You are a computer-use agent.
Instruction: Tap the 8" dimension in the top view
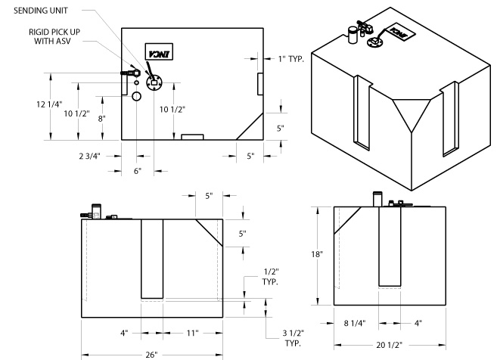point(101,118)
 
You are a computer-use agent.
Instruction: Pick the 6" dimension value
point(137,171)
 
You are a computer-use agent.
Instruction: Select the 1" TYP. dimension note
point(292,58)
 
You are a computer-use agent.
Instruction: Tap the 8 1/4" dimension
point(354,322)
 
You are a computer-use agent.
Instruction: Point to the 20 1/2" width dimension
point(394,342)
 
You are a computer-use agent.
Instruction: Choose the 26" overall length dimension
point(153,354)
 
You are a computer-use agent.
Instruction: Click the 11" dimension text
point(192,331)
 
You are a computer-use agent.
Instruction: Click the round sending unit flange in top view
point(154,82)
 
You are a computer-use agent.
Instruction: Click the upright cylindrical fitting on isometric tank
point(351,35)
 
